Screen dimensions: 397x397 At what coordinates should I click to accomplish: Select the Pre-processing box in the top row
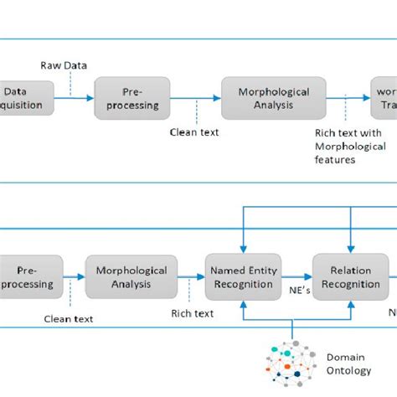pyautogui.click(x=131, y=99)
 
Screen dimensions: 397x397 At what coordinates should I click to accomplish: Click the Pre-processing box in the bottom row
pyautogui.click(x=31, y=277)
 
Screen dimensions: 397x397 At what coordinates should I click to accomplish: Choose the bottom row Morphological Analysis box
pyautogui.click(x=131, y=277)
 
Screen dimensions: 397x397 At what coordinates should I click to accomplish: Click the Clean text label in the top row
pyautogui.click(x=195, y=131)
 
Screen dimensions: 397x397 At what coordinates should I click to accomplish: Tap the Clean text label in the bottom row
pyautogui.click(x=69, y=318)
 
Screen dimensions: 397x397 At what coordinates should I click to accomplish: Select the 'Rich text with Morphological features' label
pyautogui.click(x=347, y=146)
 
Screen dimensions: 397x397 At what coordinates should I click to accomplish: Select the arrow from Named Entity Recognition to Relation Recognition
pyautogui.click(x=296, y=277)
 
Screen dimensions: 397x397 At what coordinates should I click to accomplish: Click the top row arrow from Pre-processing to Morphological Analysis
pyautogui.click(x=195, y=99)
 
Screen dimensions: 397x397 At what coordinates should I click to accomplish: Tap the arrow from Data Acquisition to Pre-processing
pyautogui.click(x=75, y=99)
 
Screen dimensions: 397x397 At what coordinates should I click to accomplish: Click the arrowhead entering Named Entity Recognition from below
pyautogui.click(x=242, y=304)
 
